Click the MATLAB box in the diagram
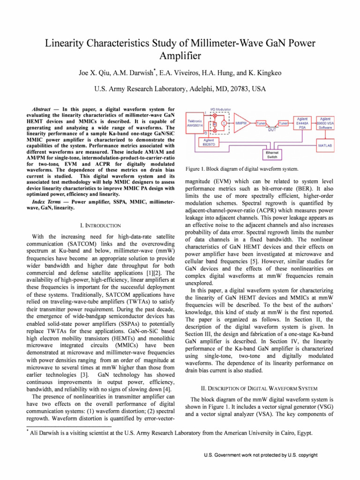[325, 146]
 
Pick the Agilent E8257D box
[209, 142]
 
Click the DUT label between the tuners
[272, 130]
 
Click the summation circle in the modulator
[224, 123]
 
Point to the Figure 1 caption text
[242, 169]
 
